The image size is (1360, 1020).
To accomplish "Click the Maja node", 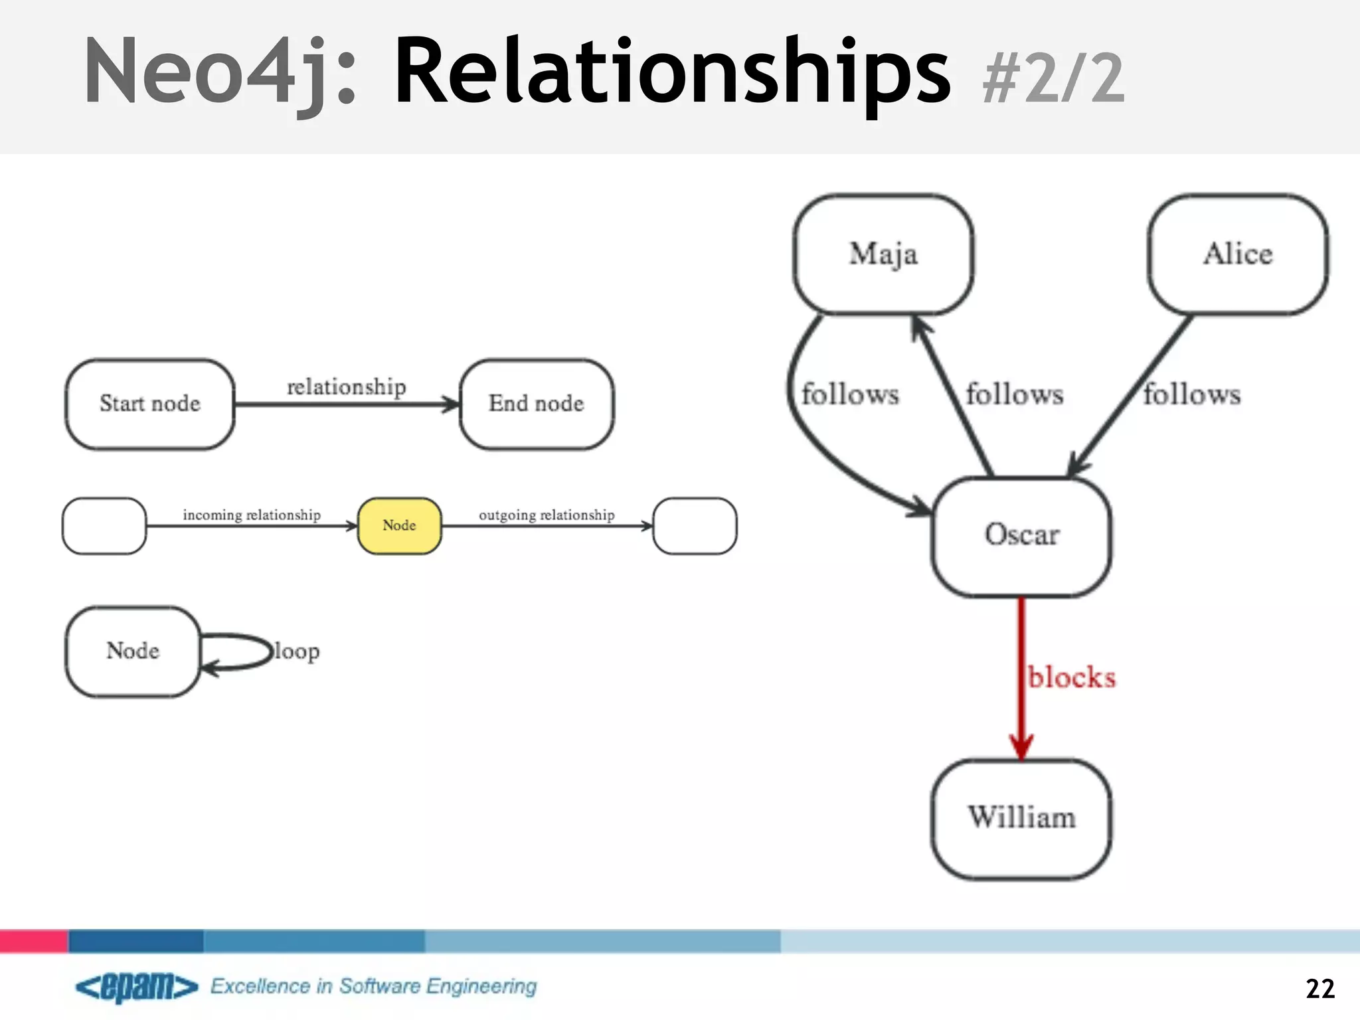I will (883, 254).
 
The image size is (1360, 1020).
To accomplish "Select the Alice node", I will (1238, 254).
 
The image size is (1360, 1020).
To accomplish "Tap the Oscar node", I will (1021, 536).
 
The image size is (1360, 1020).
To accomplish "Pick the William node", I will (1021, 818).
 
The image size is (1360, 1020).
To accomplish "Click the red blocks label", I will (1072, 678).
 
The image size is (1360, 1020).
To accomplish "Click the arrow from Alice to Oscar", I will (1129, 398).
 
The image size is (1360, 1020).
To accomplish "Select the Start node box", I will (150, 404).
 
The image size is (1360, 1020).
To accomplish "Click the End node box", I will (537, 404).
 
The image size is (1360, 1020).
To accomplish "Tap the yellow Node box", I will (399, 525).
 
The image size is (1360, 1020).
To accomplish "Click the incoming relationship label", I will (252, 515).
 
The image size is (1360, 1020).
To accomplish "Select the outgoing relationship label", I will (547, 515).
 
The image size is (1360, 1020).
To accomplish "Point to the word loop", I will (297, 651).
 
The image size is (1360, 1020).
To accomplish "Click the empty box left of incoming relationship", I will (104, 525).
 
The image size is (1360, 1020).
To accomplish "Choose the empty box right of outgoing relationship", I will (695, 525).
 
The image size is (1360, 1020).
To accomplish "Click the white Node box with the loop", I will (133, 651).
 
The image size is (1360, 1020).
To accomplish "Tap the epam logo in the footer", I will (137, 987).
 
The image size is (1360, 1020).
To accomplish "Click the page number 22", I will (1319, 989).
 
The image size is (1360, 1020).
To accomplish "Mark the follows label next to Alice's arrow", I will (1192, 394).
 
